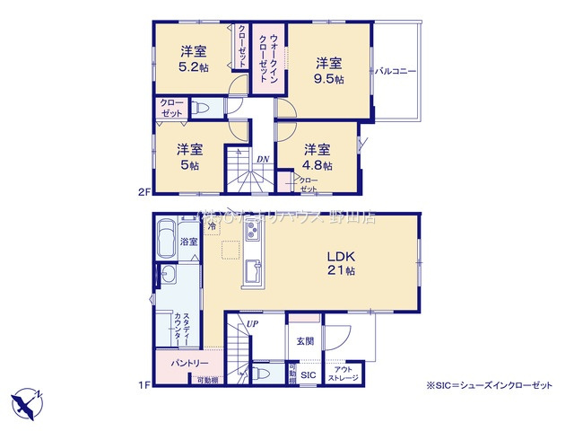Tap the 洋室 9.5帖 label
click(x=329, y=70)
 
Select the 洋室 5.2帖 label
click(x=193, y=59)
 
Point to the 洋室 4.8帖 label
click(x=317, y=157)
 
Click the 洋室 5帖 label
click(x=188, y=157)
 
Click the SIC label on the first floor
click(x=308, y=375)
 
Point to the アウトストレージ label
click(x=343, y=374)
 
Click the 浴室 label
click(x=187, y=242)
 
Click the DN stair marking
click(x=263, y=161)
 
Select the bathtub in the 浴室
click(x=168, y=241)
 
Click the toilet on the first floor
click(x=258, y=374)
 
